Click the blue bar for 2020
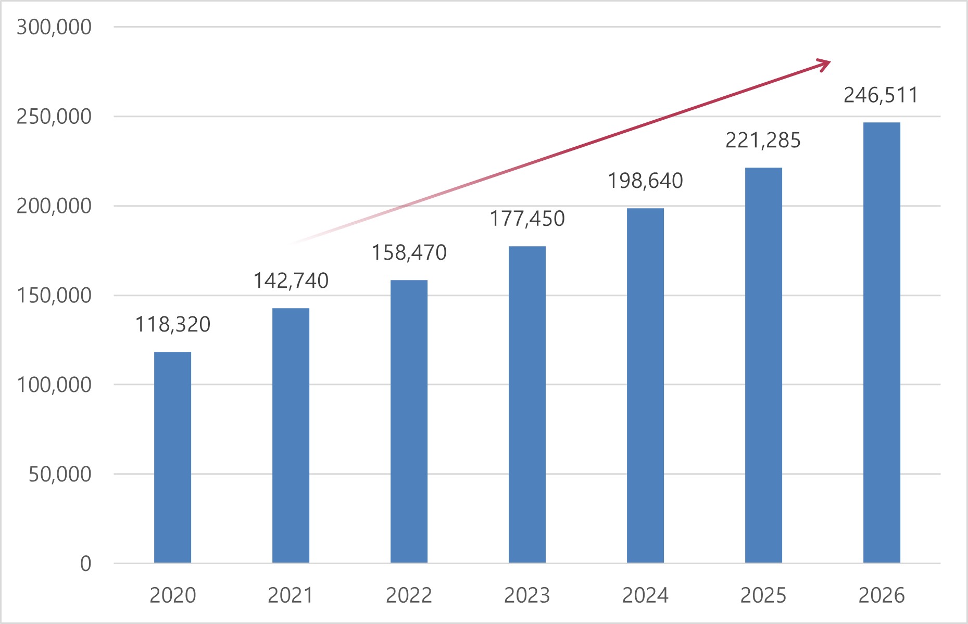click(172, 457)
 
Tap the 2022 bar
click(409, 422)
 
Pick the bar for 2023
click(527, 404)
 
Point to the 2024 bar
click(645, 385)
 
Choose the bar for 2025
click(763, 365)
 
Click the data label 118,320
click(173, 324)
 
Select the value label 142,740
click(291, 281)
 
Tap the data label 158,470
click(409, 253)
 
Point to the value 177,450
click(527, 219)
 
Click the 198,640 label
click(646, 181)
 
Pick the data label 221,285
click(763, 141)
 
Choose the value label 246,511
click(881, 95)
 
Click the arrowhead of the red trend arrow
click(824, 65)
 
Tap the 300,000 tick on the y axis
click(54, 27)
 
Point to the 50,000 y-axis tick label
click(60, 474)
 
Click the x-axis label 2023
click(527, 595)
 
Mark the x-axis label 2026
click(882, 595)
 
